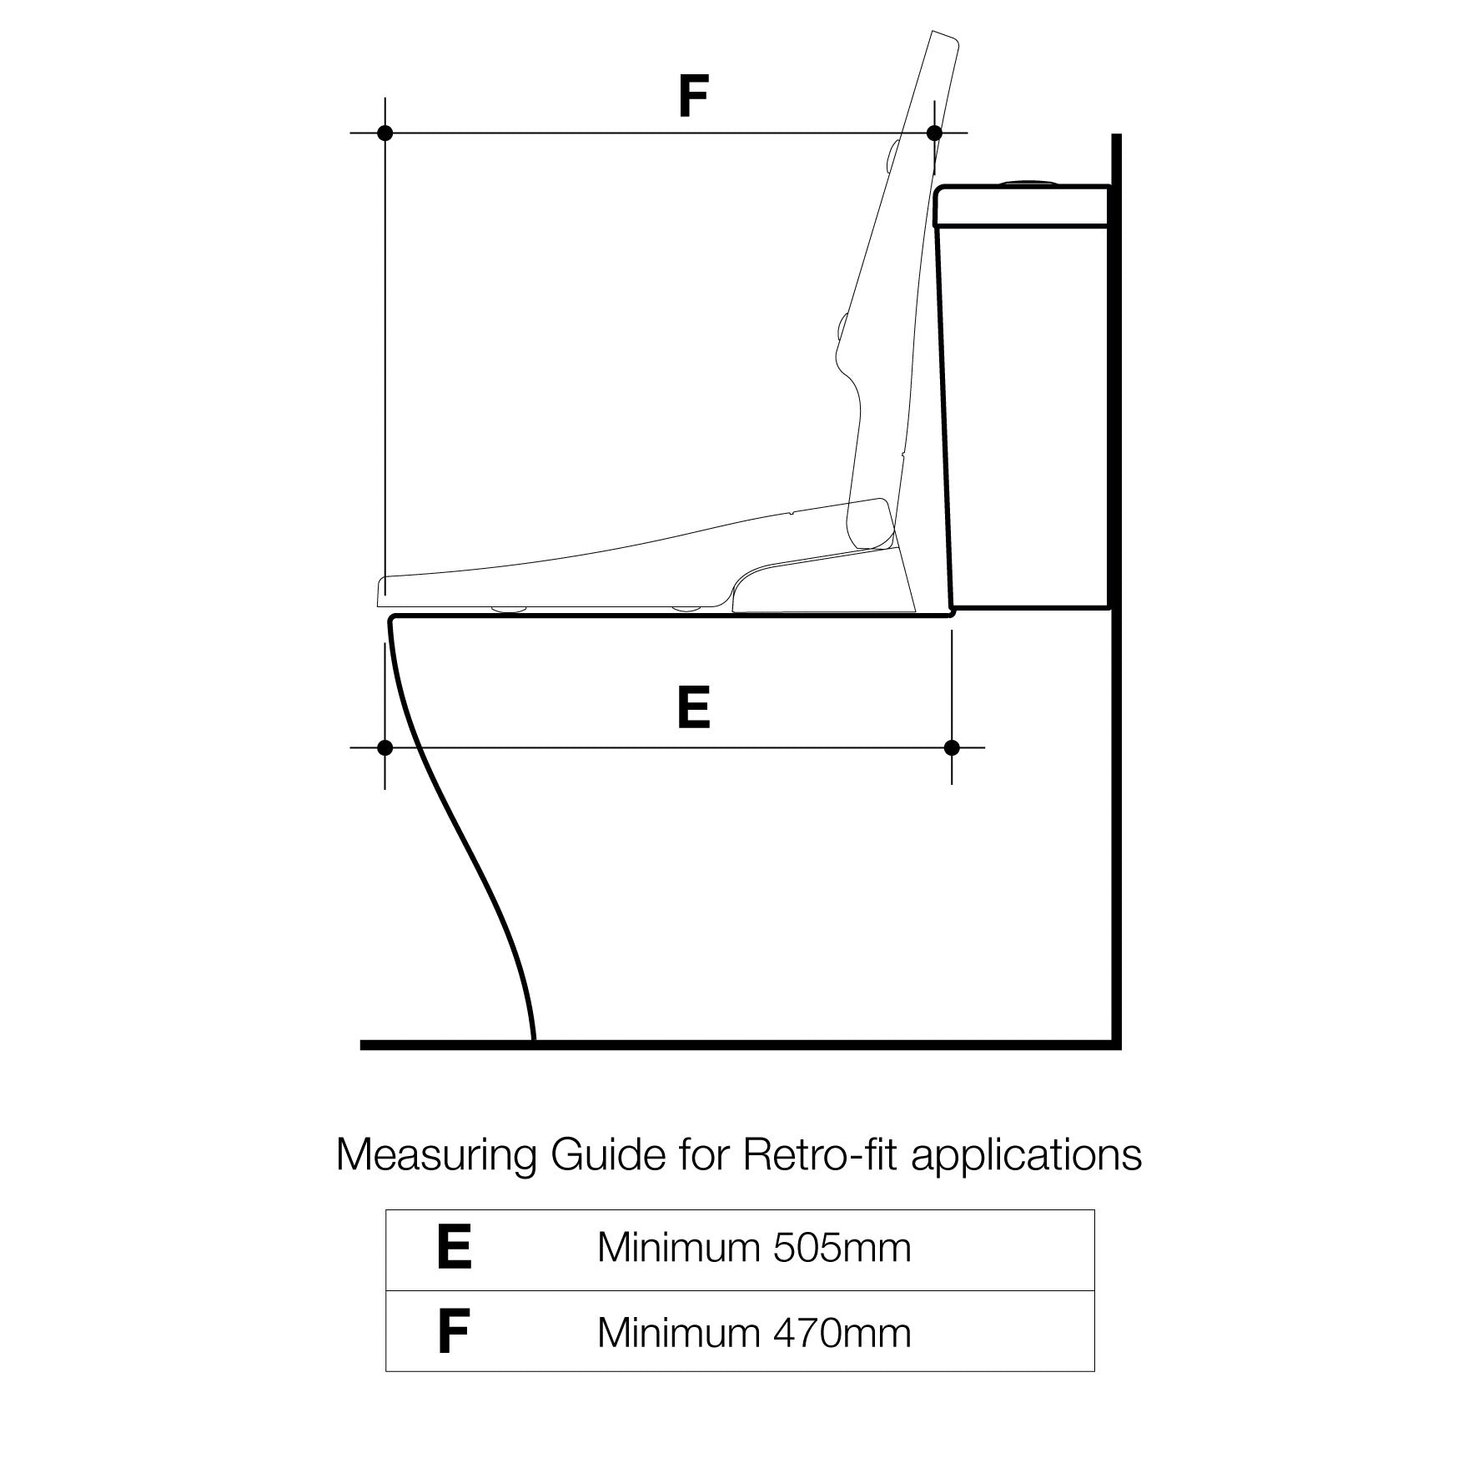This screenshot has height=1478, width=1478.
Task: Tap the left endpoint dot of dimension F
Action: tap(385, 133)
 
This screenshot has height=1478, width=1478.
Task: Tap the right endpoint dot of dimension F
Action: tap(934, 133)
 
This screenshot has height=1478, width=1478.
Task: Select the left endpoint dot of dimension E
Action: tap(385, 747)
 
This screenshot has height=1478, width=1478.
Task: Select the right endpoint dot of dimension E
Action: tap(952, 747)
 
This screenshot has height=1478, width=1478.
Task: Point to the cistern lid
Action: tap(1022, 206)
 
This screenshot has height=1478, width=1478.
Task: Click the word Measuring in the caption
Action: tap(436, 1156)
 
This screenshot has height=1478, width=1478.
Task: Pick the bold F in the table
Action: tap(453, 1333)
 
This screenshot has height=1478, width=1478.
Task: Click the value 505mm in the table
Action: tap(842, 1249)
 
